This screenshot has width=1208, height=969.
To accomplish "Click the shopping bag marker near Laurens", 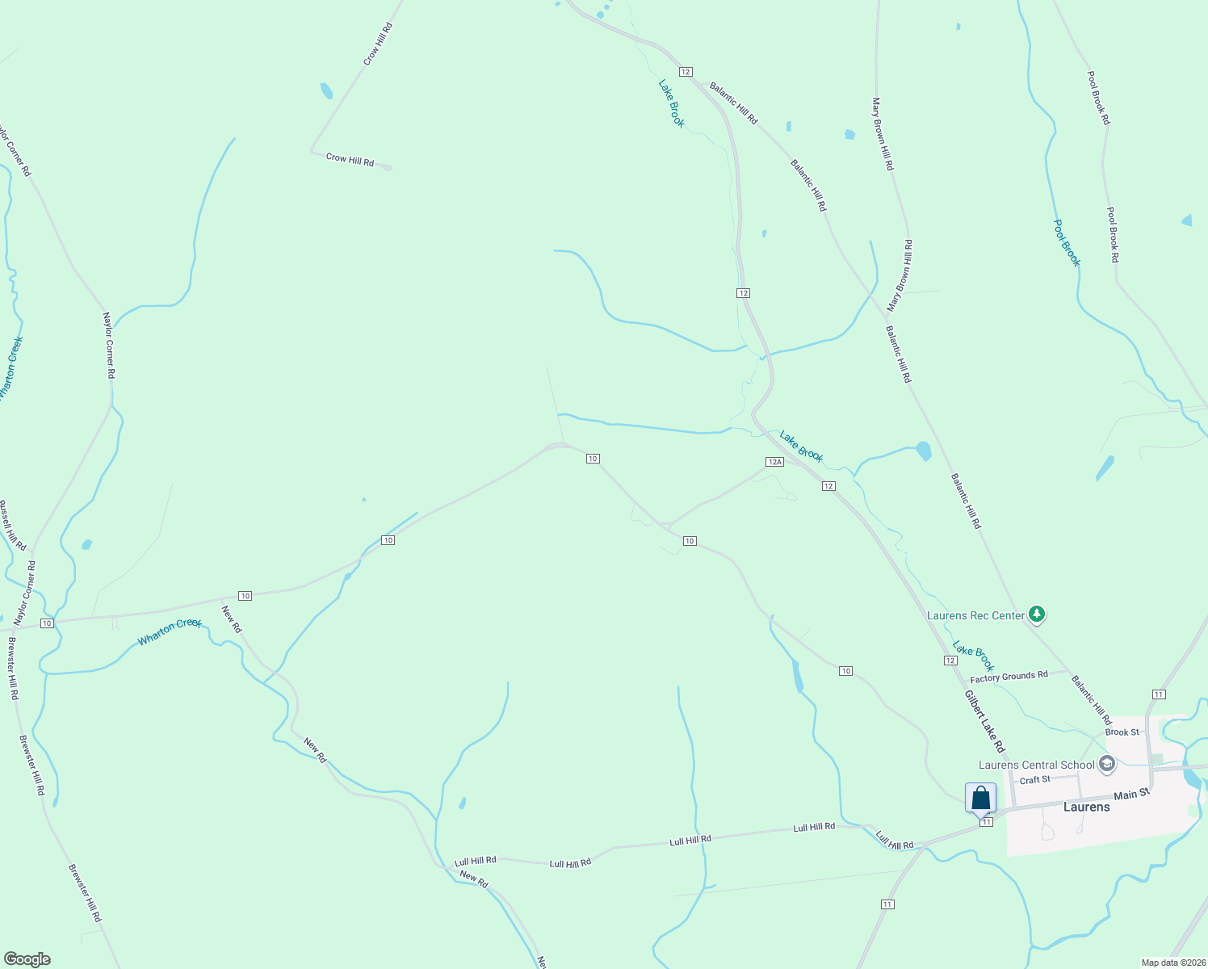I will coord(980,798).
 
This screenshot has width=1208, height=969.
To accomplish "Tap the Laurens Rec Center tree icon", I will coord(1038,615).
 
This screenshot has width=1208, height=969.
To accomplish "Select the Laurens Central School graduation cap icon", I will coord(1106,764).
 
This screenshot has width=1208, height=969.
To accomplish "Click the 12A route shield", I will coord(774,462).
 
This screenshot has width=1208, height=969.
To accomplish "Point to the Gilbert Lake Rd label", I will coord(984,720).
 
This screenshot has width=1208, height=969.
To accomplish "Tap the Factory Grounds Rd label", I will coord(1009,677).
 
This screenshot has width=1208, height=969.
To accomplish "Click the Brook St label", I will coord(1122,732).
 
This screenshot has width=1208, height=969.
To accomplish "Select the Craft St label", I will coord(1034,780).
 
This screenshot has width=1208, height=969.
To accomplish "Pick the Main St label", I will coord(1130,795).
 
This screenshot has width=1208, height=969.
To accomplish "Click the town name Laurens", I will coord(1086,807).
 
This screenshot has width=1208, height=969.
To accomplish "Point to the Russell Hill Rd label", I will coord(12,525).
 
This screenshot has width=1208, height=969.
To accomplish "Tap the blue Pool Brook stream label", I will coord(1067,242).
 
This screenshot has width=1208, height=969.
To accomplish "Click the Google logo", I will coord(27,959).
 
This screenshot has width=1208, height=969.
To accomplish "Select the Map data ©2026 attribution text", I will coord(1172,963).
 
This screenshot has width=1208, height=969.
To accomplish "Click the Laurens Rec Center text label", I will coord(975,615).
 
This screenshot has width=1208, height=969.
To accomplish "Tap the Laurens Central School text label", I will coord(1036,765).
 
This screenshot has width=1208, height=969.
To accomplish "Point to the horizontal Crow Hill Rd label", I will coord(350,159).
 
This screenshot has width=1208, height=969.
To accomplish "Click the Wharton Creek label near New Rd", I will coord(170,631).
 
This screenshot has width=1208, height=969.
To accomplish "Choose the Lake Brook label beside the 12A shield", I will coord(801,447).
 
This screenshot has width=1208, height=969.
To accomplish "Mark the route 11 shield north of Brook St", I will coord(1159,694).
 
